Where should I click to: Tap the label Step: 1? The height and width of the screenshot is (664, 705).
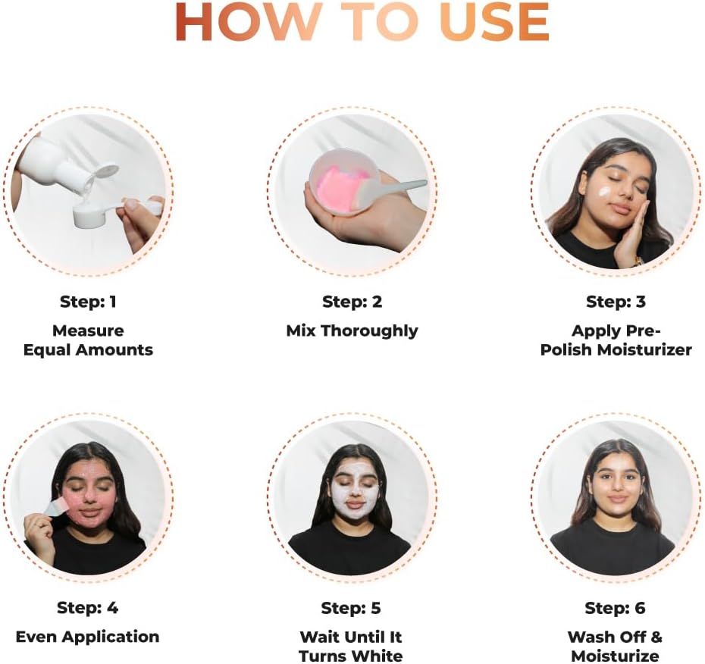88,301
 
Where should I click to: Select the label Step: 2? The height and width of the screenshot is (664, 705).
352,301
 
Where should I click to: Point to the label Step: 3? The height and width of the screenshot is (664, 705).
616,301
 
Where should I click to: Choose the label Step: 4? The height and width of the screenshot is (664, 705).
88,607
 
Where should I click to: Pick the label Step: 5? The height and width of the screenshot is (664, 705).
351,608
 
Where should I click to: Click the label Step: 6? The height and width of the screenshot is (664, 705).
615,608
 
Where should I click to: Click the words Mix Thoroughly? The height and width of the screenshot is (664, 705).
352,331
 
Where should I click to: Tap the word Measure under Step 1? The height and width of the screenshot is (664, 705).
88,330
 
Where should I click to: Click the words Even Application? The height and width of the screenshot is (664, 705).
88,637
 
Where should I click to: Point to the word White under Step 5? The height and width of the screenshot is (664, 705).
378,656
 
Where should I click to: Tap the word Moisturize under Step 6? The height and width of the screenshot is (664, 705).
615,656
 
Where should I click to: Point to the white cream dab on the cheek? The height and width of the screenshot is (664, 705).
604,192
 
